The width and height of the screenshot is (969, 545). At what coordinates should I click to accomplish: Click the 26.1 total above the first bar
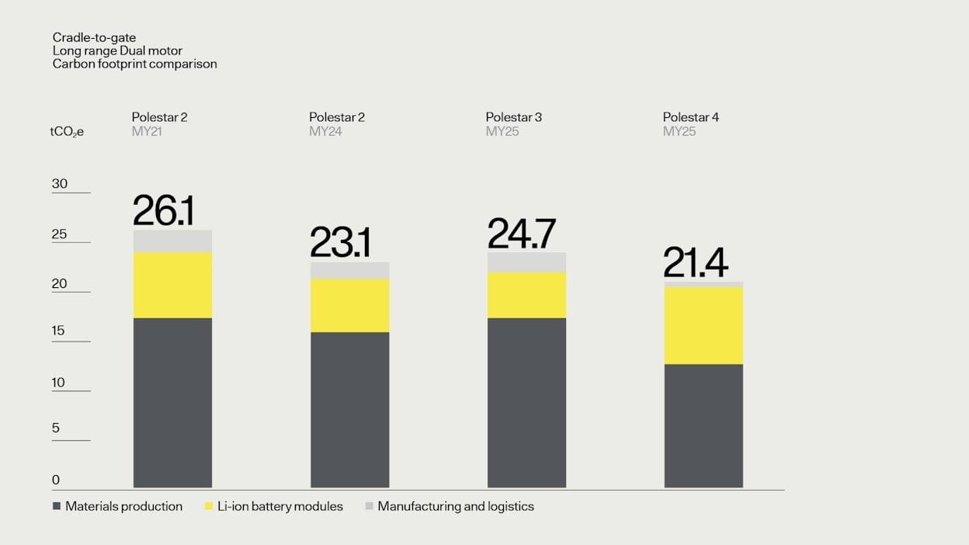click(x=163, y=210)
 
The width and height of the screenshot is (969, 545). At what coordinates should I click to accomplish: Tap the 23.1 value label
click(x=340, y=242)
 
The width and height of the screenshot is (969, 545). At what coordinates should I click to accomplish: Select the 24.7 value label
click(x=521, y=234)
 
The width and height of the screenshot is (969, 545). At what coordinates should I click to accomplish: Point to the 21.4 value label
click(x=695, y=263)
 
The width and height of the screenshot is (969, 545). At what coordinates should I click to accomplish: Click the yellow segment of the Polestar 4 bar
click(x=703, y=325)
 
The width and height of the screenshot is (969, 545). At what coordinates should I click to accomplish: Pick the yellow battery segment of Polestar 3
click(x=526, y=295)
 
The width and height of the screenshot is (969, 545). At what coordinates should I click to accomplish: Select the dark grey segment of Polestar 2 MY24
click(x=349, y=409)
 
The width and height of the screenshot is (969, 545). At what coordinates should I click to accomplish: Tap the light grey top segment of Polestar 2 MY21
click(x=172, y=241)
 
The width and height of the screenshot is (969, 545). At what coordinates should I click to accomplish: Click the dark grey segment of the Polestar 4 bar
click(x=703, y=425)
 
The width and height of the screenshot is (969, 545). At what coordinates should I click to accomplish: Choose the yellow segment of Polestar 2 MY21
click(x=172, y=285)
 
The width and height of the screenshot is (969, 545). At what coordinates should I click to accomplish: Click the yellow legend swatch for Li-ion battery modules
click(x=209, y=506)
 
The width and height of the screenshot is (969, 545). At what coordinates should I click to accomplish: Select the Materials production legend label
click(x=123, y=506)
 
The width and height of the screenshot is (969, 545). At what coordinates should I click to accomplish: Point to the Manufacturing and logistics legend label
click(x=456, y=506)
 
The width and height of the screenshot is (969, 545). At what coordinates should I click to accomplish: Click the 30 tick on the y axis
click(x=60, y=184)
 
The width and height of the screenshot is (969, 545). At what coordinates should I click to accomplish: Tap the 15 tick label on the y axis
click(x=60, y=331)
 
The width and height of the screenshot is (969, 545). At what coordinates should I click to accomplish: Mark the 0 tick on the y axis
click(x=56, y=480)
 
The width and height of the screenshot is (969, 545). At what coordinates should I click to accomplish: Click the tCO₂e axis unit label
click(x=67, y=132)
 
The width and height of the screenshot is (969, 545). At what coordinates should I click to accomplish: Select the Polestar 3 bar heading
click(x=514, y=117)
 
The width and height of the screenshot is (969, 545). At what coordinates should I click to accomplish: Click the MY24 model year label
click(x=325, y=131)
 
